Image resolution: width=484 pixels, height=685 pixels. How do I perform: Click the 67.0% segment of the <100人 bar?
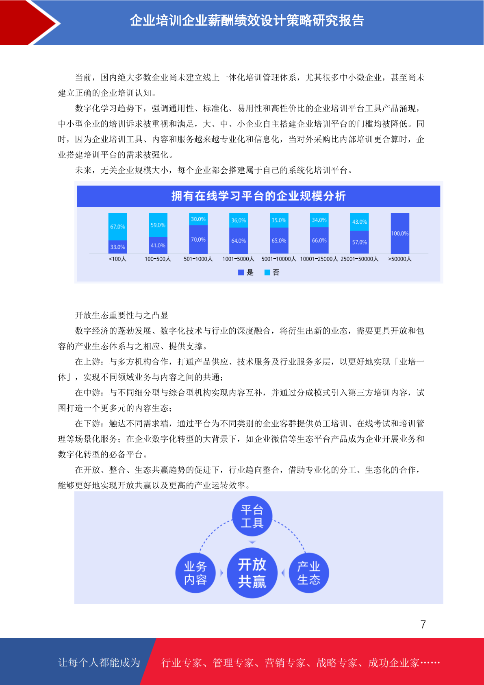pos(117,227)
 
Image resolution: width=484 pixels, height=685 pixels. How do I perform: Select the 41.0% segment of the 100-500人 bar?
pos(158,245)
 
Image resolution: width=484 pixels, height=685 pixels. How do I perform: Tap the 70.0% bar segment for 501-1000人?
pos(198,240)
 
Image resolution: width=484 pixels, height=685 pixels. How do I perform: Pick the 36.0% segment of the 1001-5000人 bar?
pos(239,220)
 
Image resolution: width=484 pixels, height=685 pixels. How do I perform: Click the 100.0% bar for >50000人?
pos(400,233)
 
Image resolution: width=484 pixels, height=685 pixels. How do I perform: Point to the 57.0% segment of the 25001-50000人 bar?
pos(360,242)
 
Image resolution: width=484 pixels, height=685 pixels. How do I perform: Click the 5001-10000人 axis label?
pos(279,259)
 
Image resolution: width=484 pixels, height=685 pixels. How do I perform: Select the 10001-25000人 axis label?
pos(319,259)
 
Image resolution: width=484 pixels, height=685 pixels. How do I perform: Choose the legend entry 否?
pos(272,273)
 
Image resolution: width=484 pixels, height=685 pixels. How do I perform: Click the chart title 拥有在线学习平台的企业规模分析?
pos(258,196)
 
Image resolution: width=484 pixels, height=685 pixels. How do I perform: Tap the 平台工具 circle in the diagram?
pos(252,516)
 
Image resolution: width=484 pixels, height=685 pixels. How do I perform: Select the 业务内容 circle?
pos(195,573)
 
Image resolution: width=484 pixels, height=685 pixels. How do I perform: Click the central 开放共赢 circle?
pos(252,573)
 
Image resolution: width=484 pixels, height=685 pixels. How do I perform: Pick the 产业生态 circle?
pos(309,573)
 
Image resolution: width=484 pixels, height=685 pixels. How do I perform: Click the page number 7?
pos(423,624)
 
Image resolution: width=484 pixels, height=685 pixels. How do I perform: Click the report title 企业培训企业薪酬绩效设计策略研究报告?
pos(247,21)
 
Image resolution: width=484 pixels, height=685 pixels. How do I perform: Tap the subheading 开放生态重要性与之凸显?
pos(122,315)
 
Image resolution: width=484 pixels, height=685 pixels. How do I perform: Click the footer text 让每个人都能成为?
pos(99,662)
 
